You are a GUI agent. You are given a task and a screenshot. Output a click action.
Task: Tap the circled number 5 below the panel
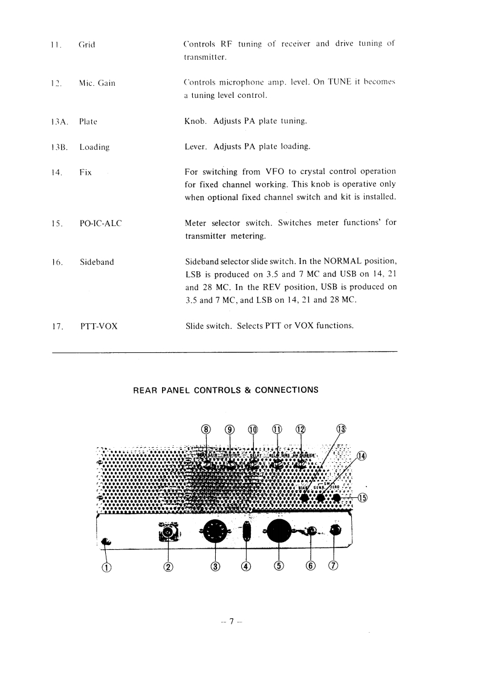279,566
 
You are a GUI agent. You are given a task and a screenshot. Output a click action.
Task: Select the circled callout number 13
341,429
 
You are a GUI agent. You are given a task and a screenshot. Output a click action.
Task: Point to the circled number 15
362,498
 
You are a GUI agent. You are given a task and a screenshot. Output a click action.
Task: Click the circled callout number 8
206,429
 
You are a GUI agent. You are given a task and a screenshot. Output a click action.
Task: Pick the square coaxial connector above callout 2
167,532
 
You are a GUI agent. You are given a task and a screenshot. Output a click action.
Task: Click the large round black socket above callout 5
279,532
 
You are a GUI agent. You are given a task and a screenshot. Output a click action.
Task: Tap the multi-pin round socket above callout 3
215,532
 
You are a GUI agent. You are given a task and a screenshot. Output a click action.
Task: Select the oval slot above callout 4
245,532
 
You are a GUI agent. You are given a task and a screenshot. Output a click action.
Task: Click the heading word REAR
144,390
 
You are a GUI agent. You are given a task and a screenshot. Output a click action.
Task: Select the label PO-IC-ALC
100,224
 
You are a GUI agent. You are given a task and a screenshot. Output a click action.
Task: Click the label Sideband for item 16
97,262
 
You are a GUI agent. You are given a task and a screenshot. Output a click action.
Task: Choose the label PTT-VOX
99,326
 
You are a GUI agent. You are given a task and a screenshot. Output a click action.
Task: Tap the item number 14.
57,172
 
